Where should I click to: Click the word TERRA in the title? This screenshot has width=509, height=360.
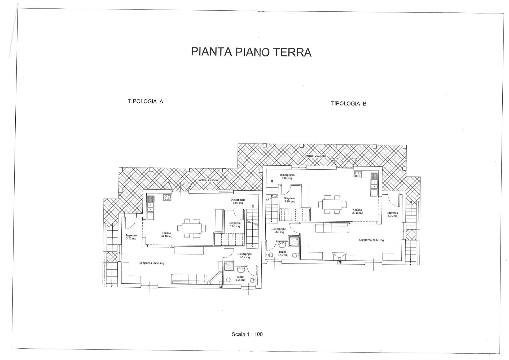[x=292, y=52]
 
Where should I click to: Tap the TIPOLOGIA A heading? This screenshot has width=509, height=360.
[x=146, y=101]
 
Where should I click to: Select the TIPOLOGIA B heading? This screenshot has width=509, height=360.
[x=349, y=104]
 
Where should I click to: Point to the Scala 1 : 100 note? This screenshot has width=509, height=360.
[x=247, y=334]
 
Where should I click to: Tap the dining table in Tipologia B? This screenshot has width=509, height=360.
[x=332, y=204]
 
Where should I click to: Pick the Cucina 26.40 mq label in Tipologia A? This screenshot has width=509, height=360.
[x=166, y=235]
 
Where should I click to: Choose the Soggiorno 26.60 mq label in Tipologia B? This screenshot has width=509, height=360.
[x=371, y=240]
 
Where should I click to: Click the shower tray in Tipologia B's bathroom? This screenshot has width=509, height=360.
[x=294, y=242]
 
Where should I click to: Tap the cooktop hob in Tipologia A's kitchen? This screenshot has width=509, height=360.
[x=167, y=197]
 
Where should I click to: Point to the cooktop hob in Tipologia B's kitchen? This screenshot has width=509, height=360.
[x=358, y=174]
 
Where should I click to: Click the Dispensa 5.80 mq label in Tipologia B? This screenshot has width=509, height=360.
[x=289, y=200]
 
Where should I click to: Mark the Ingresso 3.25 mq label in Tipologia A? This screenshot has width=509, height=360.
[x=131, y=237]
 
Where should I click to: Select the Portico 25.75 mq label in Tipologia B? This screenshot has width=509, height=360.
[x=315, y=156]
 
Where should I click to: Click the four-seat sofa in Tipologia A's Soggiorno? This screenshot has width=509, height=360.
[x=189, y=279]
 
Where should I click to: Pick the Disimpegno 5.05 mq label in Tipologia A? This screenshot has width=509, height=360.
[x=238, y=201]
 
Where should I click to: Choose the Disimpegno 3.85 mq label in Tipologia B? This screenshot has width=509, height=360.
[x=279, y=230]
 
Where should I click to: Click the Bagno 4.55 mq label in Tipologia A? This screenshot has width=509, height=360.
[x=240, y=278]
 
